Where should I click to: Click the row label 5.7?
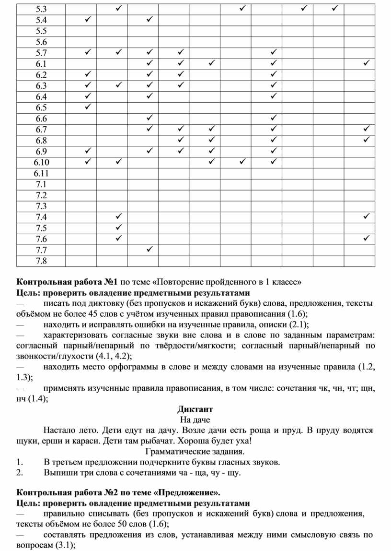coord(41,52)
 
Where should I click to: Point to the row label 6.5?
coord(41,108)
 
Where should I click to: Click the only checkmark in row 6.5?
coord(88,107)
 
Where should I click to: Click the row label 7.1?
coord(41,185)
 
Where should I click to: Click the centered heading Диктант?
coord(195,409)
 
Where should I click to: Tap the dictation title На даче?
coord(195,420)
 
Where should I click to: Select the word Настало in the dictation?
coord(59,431)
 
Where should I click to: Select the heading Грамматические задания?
coord(195,452)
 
